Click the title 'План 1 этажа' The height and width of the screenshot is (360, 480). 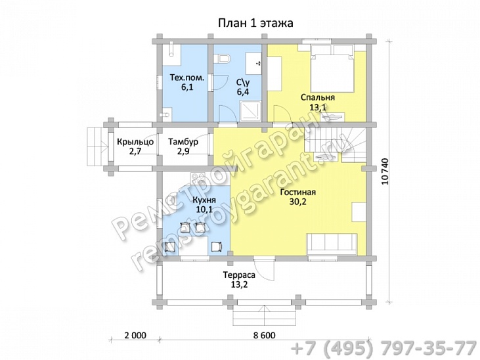pyautogui.click(x=255, y=23)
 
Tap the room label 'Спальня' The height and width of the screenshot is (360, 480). pyautogui.click(x=317, y=97)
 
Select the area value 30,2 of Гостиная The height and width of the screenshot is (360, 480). pyautogui.click(x=297, y=202)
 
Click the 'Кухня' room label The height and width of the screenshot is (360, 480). pyautogui.click(x=204, y=200)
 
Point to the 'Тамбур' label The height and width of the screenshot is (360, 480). pyautogui.click(x=183, y=142)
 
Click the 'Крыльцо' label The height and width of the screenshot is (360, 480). pyautogui.click(x=135, y=142)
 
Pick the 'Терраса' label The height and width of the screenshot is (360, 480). pyautogui.click(x=239, y=275)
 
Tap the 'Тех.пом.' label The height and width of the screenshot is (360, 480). pyautogui.click(x=187, y=78)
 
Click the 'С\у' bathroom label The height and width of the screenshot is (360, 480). pyautogui.click(x=243, y=82)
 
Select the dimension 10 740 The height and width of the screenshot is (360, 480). pyautogui.click(x=385, y=171)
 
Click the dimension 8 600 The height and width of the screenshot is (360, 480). pyautogui.click(x=265, y=335)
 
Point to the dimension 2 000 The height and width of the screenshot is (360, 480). pyautogui.click(x=135, y=335)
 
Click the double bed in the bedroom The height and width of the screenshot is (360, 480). pyautogui.click(x=332, y=68)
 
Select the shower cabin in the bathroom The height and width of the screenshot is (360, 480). pyautogui.click(x=250, y=110)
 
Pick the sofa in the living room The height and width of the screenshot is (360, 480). pyautogui.click(x=332, y=244)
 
